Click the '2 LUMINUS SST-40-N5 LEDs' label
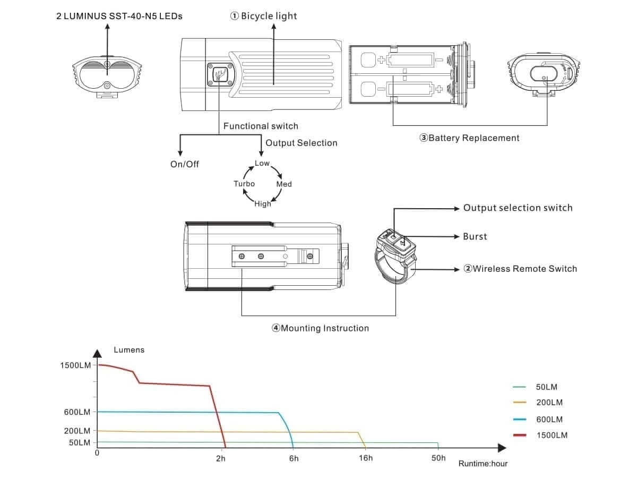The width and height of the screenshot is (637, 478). click(x=119, y=16)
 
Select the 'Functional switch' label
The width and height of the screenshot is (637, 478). click(x=261, y=126)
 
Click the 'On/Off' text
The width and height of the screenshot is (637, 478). click(x=185, y=164)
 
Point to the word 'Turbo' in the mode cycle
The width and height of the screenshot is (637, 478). click(x=244, y=184)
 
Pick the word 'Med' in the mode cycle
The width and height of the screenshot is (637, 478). click(x=284, y=184)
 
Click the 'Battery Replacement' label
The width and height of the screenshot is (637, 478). click(x=470, y=138)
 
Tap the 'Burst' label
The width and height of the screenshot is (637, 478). click(x=475, y=236)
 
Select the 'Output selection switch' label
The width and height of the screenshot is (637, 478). click(x=518, y=208)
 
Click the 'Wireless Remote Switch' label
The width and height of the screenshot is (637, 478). click(x=520, y=269)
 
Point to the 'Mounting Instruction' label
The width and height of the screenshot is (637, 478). click(x=320, y=328)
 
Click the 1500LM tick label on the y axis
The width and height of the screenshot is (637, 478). click(x=75, y=365)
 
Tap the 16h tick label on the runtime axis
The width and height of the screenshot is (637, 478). click(x=365, y=458)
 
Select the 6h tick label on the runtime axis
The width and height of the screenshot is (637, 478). click(x=294, y=458)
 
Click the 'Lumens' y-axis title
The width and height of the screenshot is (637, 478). click(x=129, y=350)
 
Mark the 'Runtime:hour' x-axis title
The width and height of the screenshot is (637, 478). click(x=483, y=464)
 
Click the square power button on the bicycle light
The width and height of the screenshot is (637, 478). click(x=220, y=75)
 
